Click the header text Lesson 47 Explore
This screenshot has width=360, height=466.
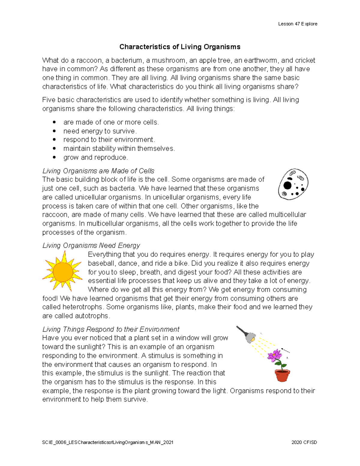point(298,24)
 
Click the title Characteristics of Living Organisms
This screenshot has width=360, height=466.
point(180,47)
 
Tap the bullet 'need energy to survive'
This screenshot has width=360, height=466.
point(100,131)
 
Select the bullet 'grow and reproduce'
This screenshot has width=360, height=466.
point(95,157)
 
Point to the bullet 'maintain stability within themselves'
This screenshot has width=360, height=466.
point(119,149)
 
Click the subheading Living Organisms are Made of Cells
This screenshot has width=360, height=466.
point(98,171)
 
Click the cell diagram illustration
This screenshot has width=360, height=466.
point(293,184)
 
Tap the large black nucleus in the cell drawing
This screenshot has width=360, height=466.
point(287,185)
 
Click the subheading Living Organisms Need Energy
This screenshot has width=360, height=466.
point(91,245)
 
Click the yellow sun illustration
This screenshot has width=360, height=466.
point(62,271)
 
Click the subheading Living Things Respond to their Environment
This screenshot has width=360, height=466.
point(111,329)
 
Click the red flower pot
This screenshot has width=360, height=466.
point(282,375)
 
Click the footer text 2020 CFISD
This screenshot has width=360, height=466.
point(304,442)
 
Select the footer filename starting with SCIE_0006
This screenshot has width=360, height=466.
point(108,442)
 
